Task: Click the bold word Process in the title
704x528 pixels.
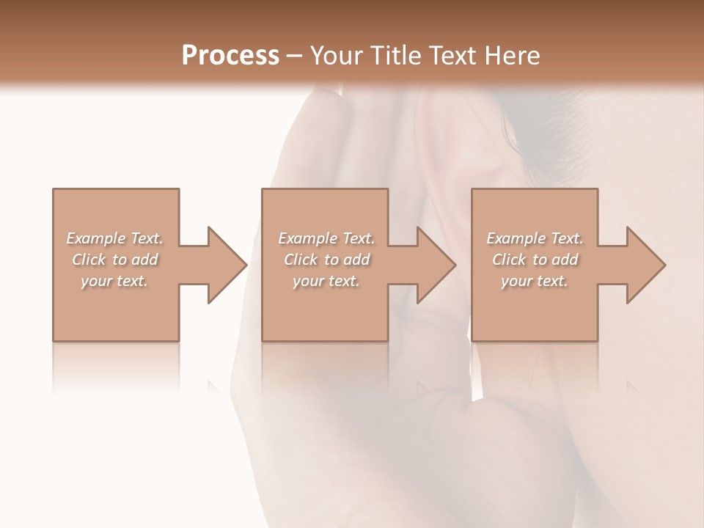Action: point(230,55)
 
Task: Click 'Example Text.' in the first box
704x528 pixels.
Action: point(114,238)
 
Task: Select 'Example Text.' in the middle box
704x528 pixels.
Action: point(326,238)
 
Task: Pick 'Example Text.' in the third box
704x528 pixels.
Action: point(535,238)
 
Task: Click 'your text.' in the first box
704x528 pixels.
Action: point(114,281)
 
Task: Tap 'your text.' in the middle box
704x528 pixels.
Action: point(326,281)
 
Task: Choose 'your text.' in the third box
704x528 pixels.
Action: point(535,281)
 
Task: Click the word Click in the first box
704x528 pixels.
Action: point(89,260)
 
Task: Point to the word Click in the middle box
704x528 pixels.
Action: point(301,260)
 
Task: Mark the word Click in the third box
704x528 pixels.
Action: point(509,260)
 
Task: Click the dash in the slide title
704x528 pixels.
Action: point(295,56)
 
